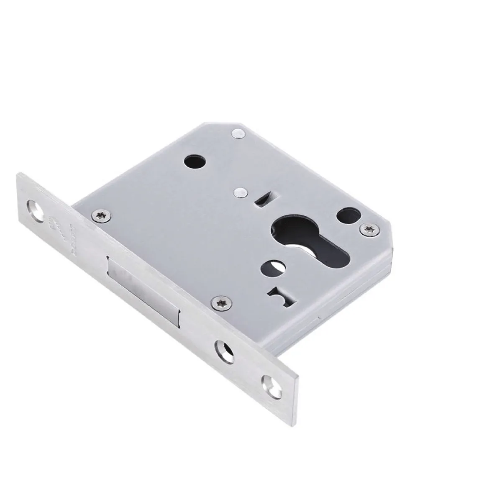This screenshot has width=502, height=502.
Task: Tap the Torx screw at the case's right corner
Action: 367,228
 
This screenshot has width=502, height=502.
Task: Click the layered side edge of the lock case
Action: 356,289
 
